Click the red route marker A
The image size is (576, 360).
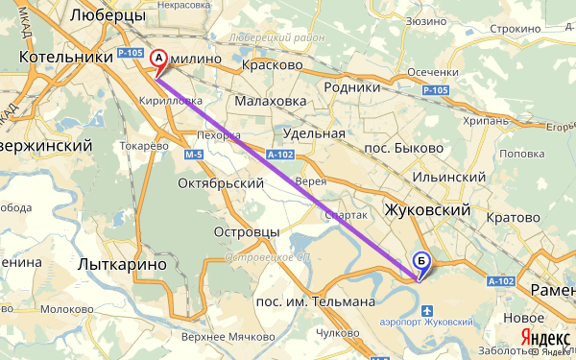click(160, 60)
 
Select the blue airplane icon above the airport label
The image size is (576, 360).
click(427, 309)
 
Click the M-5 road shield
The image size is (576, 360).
click(194, 154)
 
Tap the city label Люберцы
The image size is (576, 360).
click(108, 16)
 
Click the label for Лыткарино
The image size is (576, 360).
click(122, 262)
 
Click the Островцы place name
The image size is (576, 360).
click(246, 232)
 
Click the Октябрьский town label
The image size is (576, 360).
click(221, 182)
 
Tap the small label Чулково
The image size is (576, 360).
click(336, 333)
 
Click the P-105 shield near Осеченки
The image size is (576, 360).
click(435, 90)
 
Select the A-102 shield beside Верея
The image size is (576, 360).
click(280, 153)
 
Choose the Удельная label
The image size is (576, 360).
click(316, 132)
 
